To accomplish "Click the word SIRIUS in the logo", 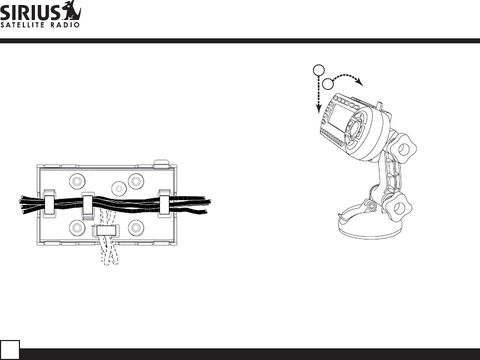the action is click(x=31, y=13).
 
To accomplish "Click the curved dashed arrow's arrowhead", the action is click(x=359, y=82).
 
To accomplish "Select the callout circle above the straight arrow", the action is click(x=319, y=70).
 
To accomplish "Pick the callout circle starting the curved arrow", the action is click(x=328, y=84).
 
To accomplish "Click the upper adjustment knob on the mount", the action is click(x=403, y=149).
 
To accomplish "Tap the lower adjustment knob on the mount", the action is click(x=398, y=208).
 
